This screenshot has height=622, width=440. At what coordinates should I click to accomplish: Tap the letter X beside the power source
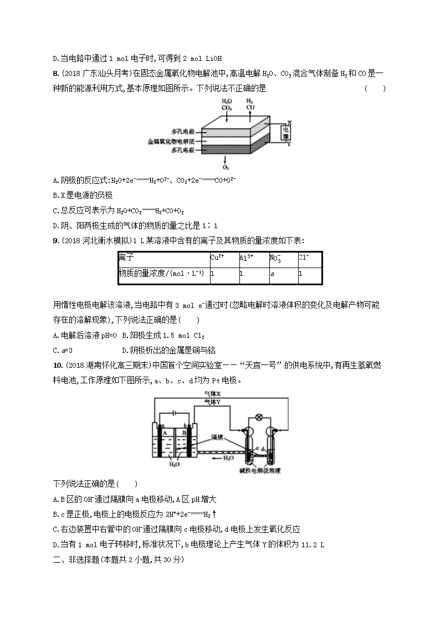289,122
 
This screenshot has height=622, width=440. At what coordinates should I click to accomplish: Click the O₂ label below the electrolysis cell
226,167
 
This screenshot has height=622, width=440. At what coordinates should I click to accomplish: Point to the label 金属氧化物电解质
171,141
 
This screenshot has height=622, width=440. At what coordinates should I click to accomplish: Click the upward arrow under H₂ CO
250,117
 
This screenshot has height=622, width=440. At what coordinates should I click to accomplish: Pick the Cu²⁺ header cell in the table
224,259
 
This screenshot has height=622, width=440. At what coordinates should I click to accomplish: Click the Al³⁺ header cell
254,259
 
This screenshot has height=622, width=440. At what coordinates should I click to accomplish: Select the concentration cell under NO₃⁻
283,276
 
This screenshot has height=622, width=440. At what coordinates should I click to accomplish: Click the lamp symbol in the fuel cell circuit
259,417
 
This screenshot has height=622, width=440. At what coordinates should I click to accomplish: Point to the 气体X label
212,394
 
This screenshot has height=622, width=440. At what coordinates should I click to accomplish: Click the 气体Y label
212,402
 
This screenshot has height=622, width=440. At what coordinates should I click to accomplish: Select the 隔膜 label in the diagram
217,437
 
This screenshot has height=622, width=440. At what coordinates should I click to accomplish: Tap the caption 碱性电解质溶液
260,471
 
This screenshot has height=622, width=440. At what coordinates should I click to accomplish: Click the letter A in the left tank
165,433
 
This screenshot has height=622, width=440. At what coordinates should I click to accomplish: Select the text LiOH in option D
214,59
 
